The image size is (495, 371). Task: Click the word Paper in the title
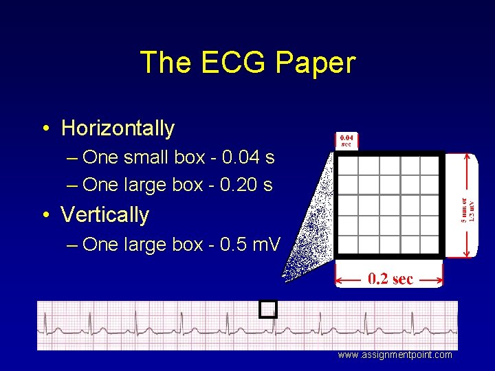tap(316, 63)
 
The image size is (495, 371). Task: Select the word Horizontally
tap(118, 128)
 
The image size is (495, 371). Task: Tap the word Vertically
tap(104, 214)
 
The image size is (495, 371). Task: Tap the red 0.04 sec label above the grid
tap(346, 141)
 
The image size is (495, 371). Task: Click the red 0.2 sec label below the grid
tap(390, 279)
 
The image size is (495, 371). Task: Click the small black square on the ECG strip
tap(268, 310)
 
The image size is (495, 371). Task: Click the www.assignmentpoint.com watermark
tap(395, 355)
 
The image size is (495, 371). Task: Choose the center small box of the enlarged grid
tap(389, 205)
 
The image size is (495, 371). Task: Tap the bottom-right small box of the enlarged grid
tap(430, 245)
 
